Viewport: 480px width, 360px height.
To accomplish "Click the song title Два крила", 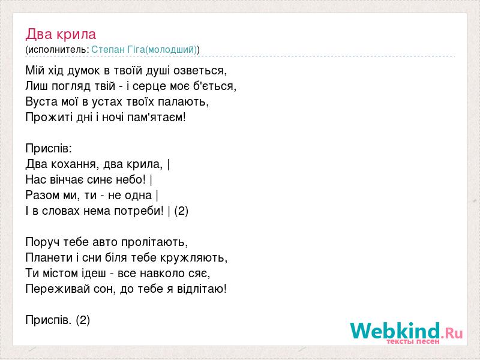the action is pos(61,34).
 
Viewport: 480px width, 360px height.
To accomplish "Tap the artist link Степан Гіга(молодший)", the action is pos(144,50).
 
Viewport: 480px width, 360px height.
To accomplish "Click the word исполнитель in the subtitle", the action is pos(57,50).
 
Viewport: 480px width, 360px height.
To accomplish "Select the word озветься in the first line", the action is pos(200,71).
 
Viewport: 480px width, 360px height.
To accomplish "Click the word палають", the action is pos(184,101).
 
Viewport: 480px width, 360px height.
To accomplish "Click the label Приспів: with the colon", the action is pos(49,149).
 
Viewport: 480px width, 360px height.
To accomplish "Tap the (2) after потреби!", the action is pos(181,211).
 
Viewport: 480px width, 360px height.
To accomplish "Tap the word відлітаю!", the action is pos(202,289).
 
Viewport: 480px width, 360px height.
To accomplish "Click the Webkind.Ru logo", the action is pos(406,332).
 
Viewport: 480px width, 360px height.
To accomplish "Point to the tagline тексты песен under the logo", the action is pos(413,341).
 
